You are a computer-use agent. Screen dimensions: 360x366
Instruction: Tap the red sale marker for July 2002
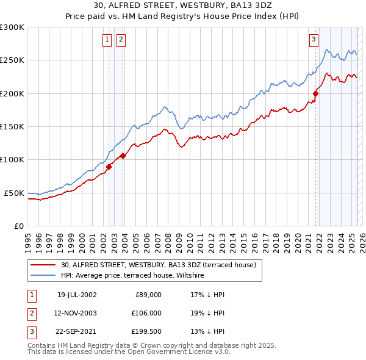point(109,167)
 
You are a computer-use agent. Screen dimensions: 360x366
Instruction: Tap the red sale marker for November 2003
point(123,156)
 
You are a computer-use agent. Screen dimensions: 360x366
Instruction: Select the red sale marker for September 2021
point(316,93)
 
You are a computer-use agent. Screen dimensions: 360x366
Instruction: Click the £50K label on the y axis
point(14,193)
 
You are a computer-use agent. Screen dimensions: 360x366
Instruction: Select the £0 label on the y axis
point(18,226)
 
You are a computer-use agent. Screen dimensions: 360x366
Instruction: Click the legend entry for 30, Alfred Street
point(162,265)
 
